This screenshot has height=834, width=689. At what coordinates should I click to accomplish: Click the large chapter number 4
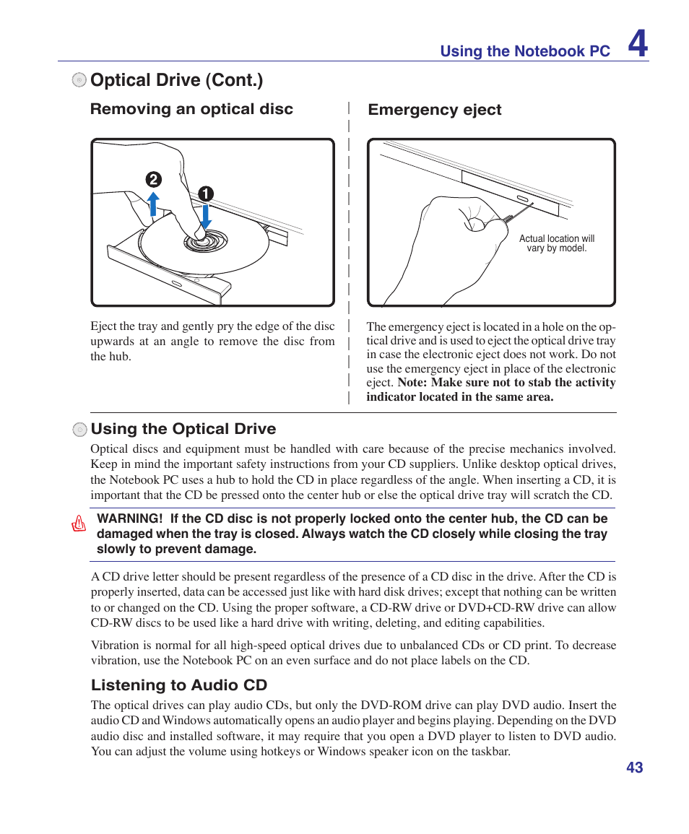[637, 44]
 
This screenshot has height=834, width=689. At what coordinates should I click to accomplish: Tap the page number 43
[634, 768]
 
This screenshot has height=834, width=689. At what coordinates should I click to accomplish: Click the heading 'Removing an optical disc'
[191, 109]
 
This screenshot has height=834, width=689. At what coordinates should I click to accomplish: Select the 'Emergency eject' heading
[434, 110]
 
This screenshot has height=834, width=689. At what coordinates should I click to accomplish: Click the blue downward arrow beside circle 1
[206, 214]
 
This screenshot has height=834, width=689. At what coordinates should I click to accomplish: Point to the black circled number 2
[153, 180]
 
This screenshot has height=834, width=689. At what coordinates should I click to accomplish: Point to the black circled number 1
[206, 194]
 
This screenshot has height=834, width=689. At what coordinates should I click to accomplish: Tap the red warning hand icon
[79, 524]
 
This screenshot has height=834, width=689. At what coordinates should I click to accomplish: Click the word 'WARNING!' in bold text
[129, 518]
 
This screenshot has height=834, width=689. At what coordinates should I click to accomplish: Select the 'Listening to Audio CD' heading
[178, 685]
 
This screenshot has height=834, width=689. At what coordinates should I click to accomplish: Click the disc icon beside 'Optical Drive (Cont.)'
[79, 80]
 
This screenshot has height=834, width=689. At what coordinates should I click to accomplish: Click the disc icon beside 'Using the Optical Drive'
[79, 430]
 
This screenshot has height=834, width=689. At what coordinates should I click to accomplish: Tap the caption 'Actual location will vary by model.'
[556, 243]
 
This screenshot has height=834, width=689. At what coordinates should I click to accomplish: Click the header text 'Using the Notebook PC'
[525, 51]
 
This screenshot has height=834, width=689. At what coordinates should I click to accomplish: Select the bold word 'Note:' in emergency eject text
[412, 383]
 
